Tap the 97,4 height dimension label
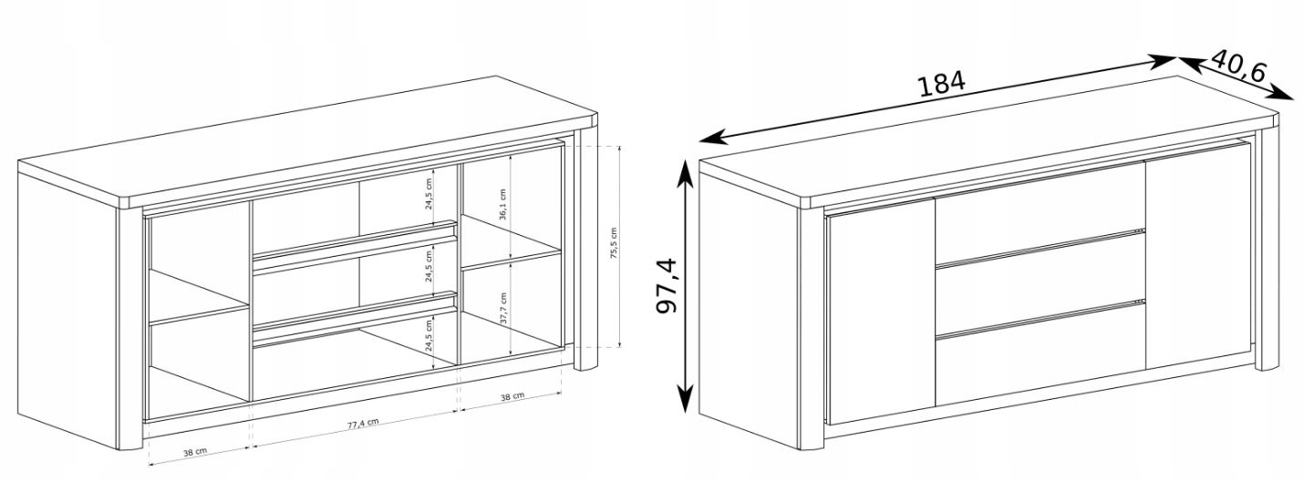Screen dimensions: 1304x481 coord(668,285)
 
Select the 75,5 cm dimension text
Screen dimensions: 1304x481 coord(614,243)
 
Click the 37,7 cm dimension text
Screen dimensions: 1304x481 coord(503,308)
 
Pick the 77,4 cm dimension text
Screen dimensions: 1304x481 coord(363,423)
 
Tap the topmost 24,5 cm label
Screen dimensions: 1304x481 coord(429,192)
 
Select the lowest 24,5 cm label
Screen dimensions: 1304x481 coord(429,336)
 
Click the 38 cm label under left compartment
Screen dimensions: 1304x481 coord(195,451)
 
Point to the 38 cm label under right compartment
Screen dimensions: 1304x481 coord(512,396)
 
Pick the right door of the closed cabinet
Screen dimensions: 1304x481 coord(1198,255)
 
